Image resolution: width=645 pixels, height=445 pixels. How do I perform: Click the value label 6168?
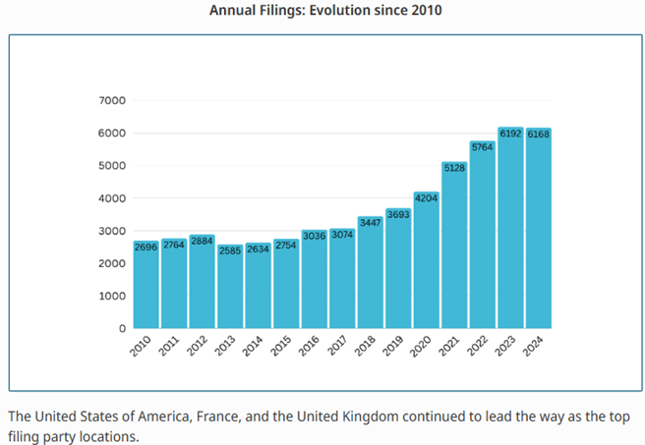click(x=538, y=134)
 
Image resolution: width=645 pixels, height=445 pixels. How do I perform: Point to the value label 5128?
click(x=454, y=168)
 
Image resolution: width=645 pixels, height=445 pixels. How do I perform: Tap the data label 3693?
click(x=398, y=213)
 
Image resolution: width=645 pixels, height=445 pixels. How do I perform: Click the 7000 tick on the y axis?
click(x=112, y=100)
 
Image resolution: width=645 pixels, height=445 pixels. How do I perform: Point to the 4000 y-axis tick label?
click(x=112, y=198)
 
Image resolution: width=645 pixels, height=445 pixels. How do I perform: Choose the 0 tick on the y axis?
click(x=122, y=328)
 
